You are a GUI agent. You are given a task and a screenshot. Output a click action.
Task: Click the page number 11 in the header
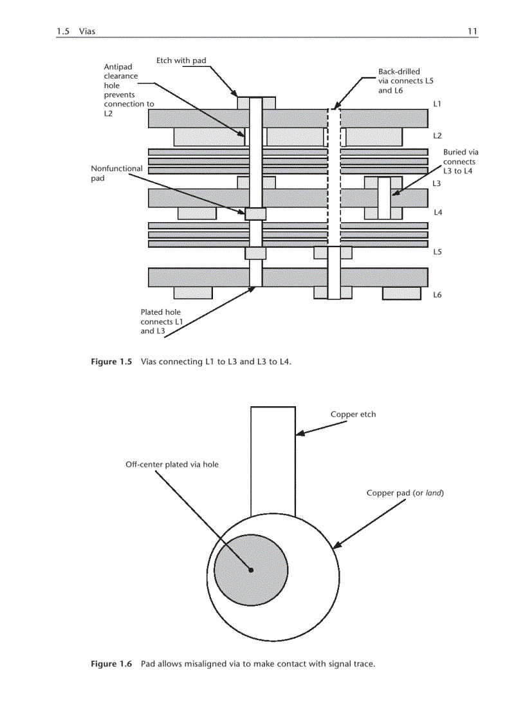pyautogui.click(x=472, y=31)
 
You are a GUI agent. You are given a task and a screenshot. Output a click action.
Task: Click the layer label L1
pyautogui.click(x=437, y=104)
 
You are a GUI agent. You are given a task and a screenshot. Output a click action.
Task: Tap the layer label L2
pyautogui.click(x=437, y=136)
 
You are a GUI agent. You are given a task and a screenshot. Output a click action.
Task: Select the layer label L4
pyautogui.click(x=437, y=212)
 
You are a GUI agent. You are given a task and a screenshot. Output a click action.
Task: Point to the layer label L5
pyautogui.click(x=437, y=252)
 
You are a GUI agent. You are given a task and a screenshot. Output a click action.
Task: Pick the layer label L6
pyautogui.click(x=437, y=295)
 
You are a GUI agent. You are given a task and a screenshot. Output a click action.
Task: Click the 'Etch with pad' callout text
pyautogui.click(x=181, y=61)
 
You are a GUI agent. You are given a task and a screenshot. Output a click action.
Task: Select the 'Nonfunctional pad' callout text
pyautogui.click(x=116, y=173)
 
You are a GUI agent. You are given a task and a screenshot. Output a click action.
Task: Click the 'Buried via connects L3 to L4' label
pyautogui.click(x=459, y=162)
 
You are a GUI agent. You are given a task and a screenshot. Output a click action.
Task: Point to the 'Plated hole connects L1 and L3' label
pyautogui.click(x=157, y=322)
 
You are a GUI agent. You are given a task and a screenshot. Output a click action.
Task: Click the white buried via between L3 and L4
pyautogui.click(x=384, y=198)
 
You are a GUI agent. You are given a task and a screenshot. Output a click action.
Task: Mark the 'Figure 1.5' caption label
pyautogui.click(x=111, y=362)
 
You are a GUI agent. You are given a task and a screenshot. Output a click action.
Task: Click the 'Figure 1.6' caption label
pyautogui.click(x=111, y=664)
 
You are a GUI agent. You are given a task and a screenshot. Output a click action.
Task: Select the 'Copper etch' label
pyautogui.click(x=353, y=415)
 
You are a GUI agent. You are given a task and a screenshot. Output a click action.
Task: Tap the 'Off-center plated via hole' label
pyautogui.click(x=172, y=464)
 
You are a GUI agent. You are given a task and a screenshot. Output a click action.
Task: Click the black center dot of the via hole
pyautogui.click(x=251, y=570)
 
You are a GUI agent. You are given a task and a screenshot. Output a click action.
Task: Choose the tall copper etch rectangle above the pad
pyautogui.click(x=273, y=460)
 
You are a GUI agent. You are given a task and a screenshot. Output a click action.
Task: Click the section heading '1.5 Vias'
pyautogui.click(x=76, y=31)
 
